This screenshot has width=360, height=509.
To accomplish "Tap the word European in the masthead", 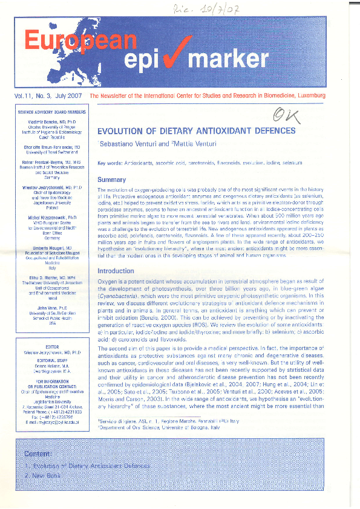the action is click(80, 40).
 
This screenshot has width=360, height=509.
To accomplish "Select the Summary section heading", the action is click(111, 180).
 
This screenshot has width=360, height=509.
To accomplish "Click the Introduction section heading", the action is click(116, 271).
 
